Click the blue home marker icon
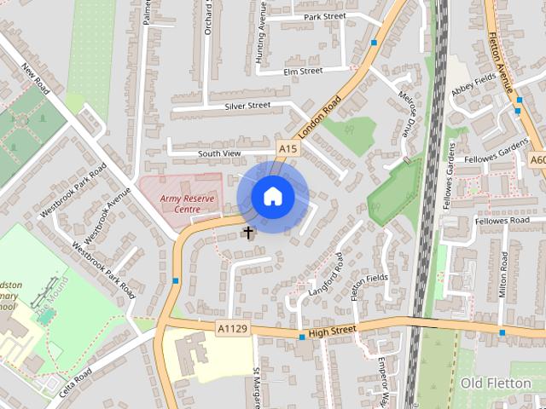coord(272,196)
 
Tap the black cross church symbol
coord(249,232)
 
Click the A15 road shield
coord(288,149)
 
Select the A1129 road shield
coord(232,327)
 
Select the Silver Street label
coord(247,106)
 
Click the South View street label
coord(220,153)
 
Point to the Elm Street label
coord(303,71)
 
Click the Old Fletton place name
coord(496,383)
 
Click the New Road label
coord(38,80)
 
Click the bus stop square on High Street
coord(302,337)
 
